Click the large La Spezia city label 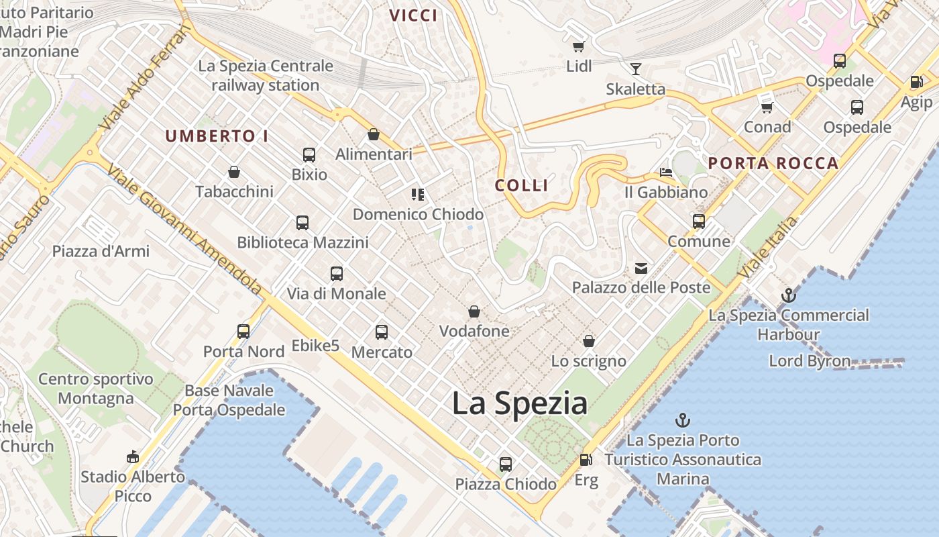520,403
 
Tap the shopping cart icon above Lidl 578,46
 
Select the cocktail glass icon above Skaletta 635,68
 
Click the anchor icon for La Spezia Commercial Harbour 789,295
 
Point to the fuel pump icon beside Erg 586,460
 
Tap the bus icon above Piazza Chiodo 505,464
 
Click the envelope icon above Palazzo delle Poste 641,268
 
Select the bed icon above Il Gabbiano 665,173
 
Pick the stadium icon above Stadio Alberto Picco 132,457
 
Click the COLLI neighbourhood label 522,185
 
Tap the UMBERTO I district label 217,136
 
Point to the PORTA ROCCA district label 773,163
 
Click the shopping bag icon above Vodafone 474,311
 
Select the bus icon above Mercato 382,332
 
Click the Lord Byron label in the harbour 810,360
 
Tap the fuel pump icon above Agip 916,82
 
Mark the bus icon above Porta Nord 243,331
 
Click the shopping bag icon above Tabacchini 234,172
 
